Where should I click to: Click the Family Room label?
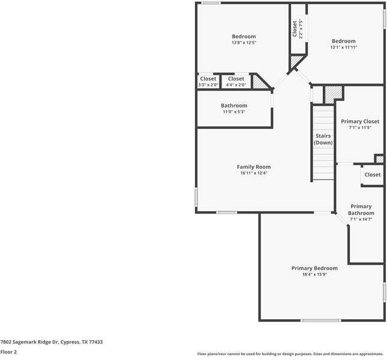tap(253, 167)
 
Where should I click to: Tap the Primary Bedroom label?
tap(314, 268)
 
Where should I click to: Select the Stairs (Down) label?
tap(323, 139)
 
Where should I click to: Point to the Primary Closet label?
tap(360, 121)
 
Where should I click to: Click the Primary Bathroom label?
tap(361, 209)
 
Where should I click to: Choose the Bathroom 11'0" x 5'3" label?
tap(233, 106)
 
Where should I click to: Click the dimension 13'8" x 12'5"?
tap(244, 43)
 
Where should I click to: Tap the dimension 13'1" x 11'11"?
tap(343, 47)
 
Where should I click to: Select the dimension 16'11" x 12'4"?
tap(253, 173)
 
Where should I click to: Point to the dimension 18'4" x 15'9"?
tap(314, 275)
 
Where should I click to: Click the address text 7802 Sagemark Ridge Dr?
tap(52, 342)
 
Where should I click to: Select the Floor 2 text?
tap(9, 352)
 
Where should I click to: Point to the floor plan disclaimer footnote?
tap(291, 354)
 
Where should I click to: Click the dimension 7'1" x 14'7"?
tap(361, 220)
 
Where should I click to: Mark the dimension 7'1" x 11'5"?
tap(360, 128)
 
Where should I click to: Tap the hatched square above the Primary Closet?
tap(333, 94)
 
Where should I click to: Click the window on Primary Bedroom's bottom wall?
tap(320, 320)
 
